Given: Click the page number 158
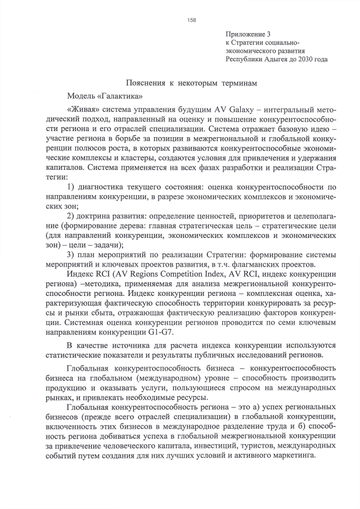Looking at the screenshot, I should coord(192,20).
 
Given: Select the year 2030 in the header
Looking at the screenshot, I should coord(317,58).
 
